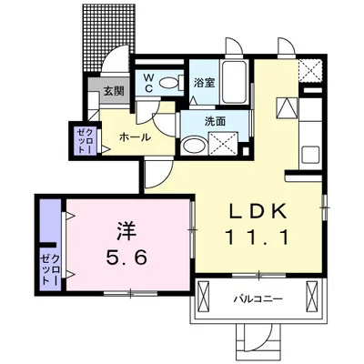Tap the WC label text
tap(147, 81)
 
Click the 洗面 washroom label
tap(215, 121)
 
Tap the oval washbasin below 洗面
tap(193, 145)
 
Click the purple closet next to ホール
tap(82, 140)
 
